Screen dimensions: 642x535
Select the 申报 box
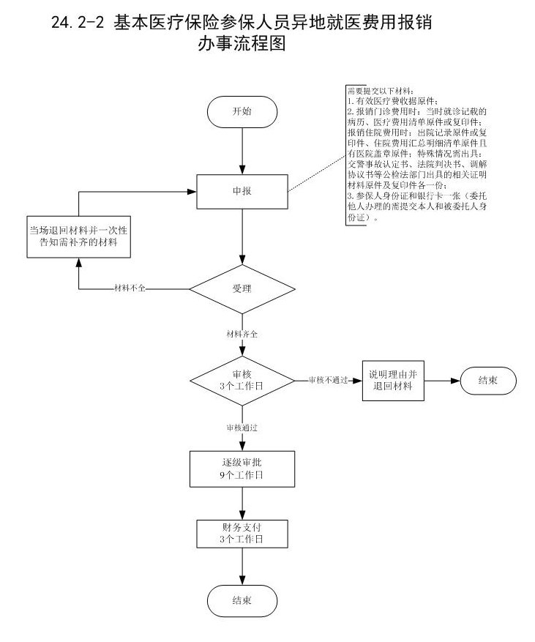click(x=242, y=191)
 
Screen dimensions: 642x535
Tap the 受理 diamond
click(x=242, y=288)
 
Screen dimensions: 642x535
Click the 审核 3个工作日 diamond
click(x=242, y=381)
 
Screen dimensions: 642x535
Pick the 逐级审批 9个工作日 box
click(x=242, y=469)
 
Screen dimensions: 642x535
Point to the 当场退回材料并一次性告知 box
click(x=79, y=236)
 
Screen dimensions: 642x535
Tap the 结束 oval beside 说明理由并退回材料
click(x=488, y=381)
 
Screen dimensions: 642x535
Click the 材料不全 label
click(x=130, y=288)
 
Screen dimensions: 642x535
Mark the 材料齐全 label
click(x=242, y=334)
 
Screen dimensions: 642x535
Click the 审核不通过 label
click(x=327, y=381)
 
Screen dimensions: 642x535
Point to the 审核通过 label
click(x=242, y=426)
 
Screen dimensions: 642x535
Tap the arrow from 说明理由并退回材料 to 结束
click(x=443, y=381)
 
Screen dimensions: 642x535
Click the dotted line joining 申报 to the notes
click(x=316, y=168)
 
